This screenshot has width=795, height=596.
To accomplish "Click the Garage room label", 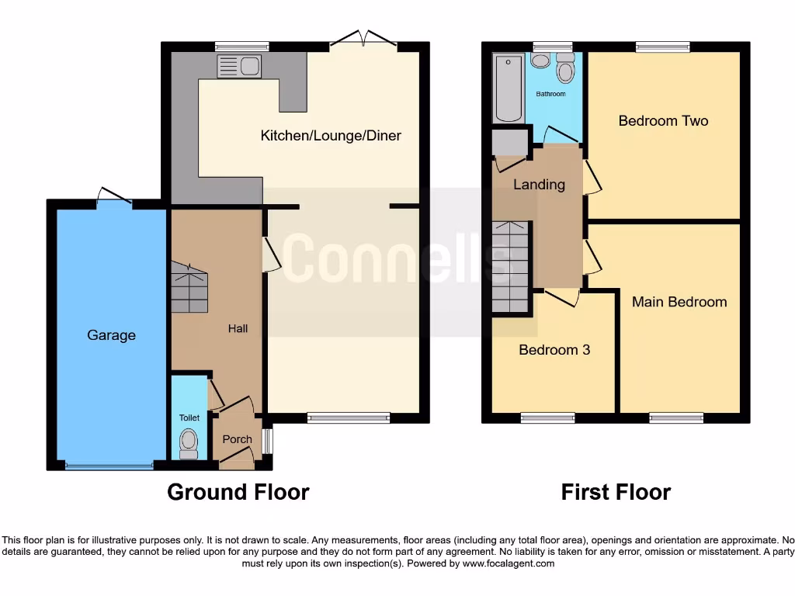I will tap(111, 335).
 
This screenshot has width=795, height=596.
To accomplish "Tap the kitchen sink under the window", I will tap(240, 67).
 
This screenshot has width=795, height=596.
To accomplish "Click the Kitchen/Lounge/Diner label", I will tap(331, 136).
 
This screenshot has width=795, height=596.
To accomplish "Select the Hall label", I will tap(238, 329).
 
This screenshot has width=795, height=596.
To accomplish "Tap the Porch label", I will tap(238, 439).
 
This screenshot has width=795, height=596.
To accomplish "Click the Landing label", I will tap(539, 185).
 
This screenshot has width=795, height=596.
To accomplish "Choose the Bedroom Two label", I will tap(663, 121).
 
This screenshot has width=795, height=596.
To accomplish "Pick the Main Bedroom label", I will tap(679, 302).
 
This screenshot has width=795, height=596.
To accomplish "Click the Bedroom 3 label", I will tap(554, 350).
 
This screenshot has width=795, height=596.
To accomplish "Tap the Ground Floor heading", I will tap(238, 492).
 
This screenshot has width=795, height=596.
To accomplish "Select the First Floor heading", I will tap(616, 492).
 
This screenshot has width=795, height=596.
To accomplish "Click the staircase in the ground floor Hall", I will tap(189, 287).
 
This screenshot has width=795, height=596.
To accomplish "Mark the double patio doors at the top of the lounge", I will tap(364, 40).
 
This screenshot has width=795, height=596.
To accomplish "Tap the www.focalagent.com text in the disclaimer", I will tap(509, 563).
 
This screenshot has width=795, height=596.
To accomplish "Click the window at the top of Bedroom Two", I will tap(662, 47).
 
